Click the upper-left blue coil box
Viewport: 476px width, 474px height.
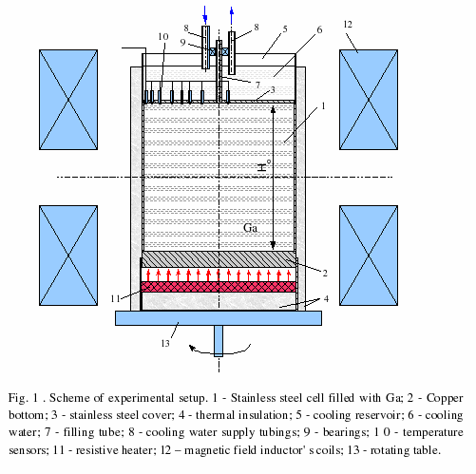click(68, 100)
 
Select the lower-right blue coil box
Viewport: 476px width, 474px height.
click(369, 256)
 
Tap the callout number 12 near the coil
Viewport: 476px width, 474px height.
click(348, 24)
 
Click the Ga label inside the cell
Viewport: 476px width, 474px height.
click(250, 228)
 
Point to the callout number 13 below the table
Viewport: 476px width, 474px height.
click(165, 343)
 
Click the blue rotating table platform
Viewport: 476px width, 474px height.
click(219, 318)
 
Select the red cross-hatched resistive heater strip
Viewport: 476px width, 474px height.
click(219, 287)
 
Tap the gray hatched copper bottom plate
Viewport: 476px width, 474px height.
click(219, 259)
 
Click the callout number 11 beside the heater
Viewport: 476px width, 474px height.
click(115, 298)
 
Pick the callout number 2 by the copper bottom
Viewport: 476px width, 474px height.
click(325, 273)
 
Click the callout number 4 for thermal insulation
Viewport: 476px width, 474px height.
click(326, 298)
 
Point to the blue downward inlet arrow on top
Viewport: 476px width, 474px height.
click(205, 13)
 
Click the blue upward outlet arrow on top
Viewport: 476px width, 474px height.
click(232, 14)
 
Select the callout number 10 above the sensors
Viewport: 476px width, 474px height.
click(163, 37)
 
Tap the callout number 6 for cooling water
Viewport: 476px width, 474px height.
click(319, 29)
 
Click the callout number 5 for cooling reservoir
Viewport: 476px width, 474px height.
click(285, 29)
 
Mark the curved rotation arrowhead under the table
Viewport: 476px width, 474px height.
click(192, 348)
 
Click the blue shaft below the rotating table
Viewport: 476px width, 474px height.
click(219, 341)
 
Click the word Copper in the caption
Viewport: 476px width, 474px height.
click(445, 398)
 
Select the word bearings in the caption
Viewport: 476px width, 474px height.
click(346, 433)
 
